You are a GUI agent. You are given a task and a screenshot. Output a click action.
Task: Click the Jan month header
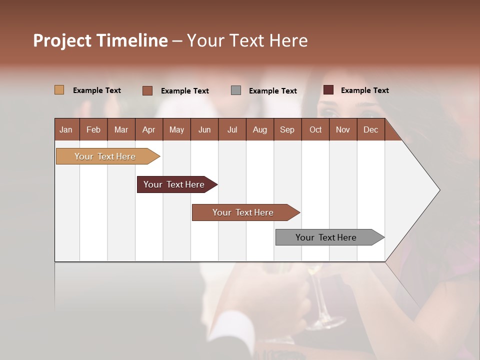pos(66,129)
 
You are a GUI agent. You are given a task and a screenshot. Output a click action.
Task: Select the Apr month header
pos(149,129)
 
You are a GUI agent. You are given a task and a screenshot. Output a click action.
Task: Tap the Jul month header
pos(232,129)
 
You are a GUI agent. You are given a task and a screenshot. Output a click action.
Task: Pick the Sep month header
pos(287,129)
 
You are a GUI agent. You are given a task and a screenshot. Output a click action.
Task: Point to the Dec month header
pos(370,129)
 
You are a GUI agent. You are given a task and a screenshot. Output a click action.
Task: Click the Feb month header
pos(93,129)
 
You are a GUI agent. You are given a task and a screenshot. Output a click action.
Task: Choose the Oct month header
pos(315,129)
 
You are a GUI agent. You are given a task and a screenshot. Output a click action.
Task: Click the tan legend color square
pos(59,90)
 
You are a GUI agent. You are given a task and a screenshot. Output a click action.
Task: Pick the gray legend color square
pos(236,90)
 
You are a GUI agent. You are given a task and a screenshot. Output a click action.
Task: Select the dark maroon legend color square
pos(328,90)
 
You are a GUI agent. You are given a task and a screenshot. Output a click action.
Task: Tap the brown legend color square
pos(147,90)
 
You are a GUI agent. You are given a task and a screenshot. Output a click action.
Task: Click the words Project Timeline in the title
pos(100,40)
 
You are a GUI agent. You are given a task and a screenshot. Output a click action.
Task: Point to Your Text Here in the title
pos(247,40)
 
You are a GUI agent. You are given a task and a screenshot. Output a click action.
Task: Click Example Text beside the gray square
pos(272,91)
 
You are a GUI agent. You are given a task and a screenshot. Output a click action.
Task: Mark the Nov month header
pos(343,129)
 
